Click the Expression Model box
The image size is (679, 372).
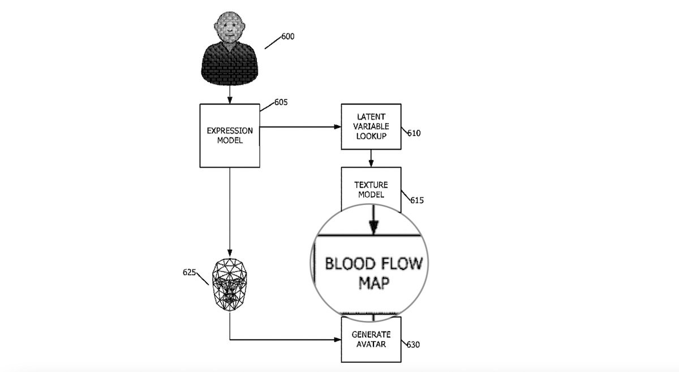(x=230, y=135)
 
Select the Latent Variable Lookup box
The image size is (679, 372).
(x=371, y=126)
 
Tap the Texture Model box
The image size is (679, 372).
(x=371, y=189)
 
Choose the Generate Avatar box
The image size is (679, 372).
(x=371, y=339)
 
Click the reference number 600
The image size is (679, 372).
(x=287, y=37)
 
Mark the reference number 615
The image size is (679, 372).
(x=418, y=200)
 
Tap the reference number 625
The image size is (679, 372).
(x=189, y=272)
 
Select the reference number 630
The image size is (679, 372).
(x=414, y=344)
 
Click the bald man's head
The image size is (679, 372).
(x=229, y=29)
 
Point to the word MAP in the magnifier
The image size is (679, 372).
(x=373, y=283)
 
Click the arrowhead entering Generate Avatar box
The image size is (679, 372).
(x=338, y=340)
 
